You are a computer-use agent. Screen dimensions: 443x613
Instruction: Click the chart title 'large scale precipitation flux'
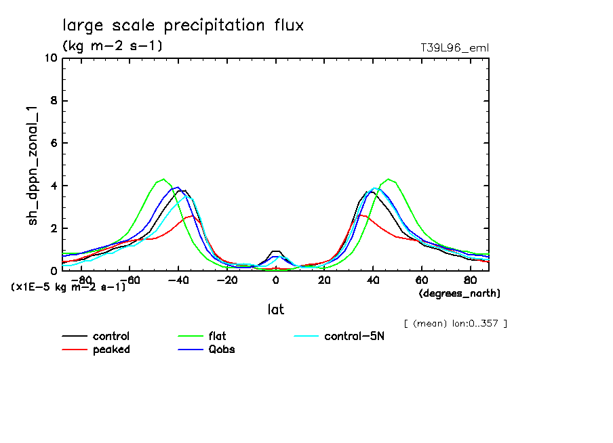point(183,26)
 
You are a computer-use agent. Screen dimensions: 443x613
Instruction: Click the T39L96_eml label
point(455,47)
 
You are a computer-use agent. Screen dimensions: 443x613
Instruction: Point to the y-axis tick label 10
point(50,58)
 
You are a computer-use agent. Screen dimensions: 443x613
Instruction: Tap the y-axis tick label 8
point(53,101)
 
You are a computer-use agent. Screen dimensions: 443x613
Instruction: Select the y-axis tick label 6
point(53,144)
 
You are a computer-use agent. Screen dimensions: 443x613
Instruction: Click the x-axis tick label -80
point(81,279)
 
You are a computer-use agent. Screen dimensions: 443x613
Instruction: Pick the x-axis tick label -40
point(178,279)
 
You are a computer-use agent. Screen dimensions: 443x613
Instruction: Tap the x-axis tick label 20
point(324,279)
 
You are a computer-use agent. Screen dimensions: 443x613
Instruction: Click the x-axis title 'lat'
point(275,309)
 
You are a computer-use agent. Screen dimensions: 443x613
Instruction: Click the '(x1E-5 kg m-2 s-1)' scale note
point(68,287)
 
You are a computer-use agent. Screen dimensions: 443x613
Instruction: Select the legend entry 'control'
point(111,337)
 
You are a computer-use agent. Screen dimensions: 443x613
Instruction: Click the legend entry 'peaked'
point(111,350)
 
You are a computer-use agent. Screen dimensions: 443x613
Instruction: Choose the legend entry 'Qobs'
point(221,350)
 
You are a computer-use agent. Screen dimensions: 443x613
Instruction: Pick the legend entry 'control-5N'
point(354,337)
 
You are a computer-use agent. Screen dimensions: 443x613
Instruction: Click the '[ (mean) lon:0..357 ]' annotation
point(455,323)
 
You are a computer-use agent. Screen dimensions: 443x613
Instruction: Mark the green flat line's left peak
point(163,179)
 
